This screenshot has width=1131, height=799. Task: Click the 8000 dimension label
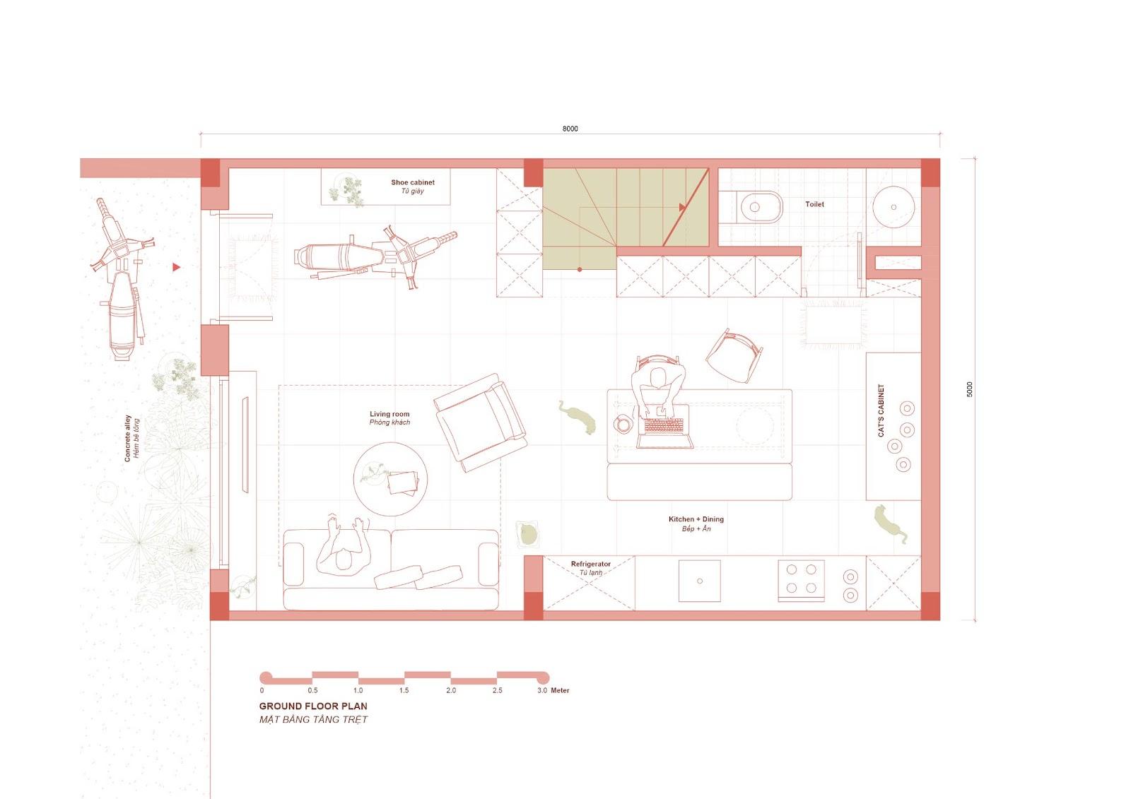click(x=570, y=129)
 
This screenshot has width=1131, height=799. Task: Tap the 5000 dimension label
click(x=969, y=389)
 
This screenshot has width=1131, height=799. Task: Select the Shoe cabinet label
click(x=413, y=182)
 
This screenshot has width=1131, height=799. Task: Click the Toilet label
click(x=814, y=204)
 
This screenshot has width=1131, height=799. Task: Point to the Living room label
click(x=389, y=414)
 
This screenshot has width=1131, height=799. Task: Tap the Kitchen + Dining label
click(x=696, y=519)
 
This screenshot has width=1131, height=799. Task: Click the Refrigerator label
click(x=591, y=564)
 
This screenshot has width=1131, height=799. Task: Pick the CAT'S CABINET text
click(x=881, y=410)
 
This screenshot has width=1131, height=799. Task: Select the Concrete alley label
click(x=128, y=438)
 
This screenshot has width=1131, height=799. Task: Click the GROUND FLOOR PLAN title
click(x=313, y=706)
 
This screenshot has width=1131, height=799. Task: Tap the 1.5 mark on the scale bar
click(x=404, y=690)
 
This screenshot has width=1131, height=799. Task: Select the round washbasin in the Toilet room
click(x=893, y=207)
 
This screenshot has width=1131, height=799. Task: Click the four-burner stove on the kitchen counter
click(x=802, y=581)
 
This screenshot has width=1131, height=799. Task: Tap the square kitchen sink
click(x=699, y=581)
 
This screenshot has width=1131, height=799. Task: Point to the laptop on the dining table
click(x=664, y=433)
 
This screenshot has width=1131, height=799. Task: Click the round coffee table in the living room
click(x=390, y=479)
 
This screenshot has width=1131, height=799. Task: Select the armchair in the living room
click(x=480, y=422)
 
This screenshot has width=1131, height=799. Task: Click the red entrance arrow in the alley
click(x=176, y=267)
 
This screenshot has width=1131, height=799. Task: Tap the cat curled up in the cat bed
click(x=527, y=535)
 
